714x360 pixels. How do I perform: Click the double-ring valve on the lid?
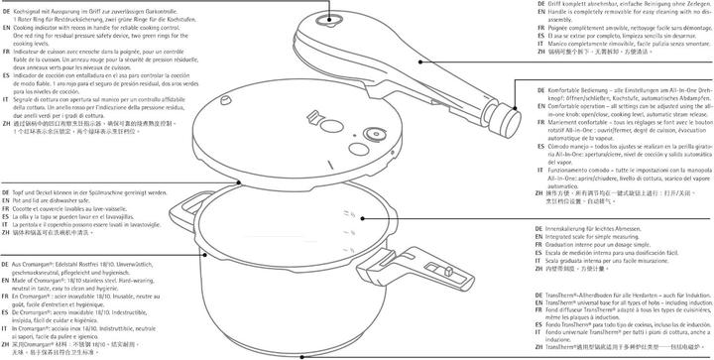[x=376, y=137]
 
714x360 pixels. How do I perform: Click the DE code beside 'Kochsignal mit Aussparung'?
[x=5, y=4]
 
